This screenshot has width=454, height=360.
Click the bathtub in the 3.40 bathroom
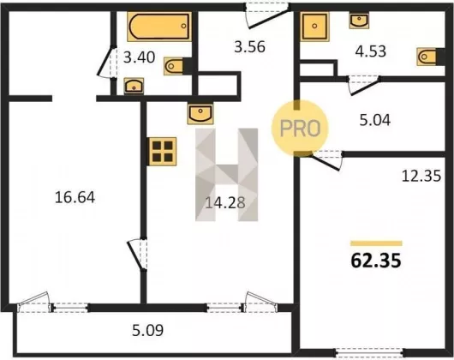(x=159, y=27)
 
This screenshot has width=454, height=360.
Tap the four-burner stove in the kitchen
(x=163, y=152)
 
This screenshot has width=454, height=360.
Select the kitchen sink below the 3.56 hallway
(x=200, y=113)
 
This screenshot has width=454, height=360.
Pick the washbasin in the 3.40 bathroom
(x=134, y=86)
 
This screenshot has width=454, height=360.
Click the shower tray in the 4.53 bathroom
(x=314, y=27)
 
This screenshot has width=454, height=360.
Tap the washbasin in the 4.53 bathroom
(x=359, y=21)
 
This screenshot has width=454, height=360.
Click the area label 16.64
(x=75, y=197)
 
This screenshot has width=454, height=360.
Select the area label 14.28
(x=225, y=203)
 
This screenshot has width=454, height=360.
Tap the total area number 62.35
(x=376, y=261)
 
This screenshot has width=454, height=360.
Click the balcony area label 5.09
(x=147, y=330)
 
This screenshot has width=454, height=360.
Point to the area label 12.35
(x=421, y=176)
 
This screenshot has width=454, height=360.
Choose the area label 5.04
(x=375, y=120)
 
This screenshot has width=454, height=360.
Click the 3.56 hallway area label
(x=249, y=47)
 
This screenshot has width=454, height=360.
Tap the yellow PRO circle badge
(x=300, y=129)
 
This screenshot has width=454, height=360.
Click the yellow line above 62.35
(x=376, y=243)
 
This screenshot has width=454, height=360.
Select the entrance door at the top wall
(x=268, y=15)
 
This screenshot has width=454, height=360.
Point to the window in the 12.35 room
(x=369, y=353)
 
